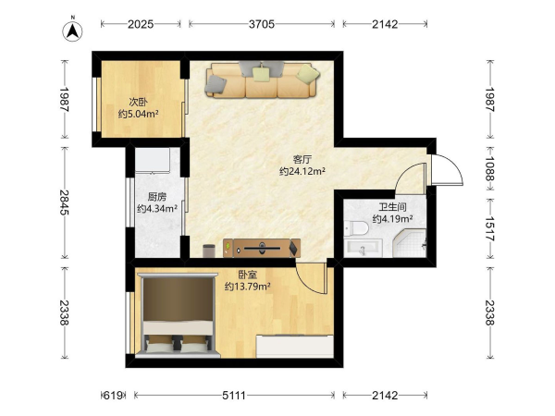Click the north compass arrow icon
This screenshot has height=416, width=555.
[x=72, y=31]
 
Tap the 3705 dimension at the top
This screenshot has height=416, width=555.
[x=262, y=24]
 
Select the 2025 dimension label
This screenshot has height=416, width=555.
[x=141, y=24]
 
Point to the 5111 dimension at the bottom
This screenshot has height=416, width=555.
[x=234, y=395]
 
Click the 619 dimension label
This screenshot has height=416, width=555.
[x=113, y=395]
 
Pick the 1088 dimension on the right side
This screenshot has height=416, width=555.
[x=489, y=169]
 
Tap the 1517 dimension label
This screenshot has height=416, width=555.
[x=489, y=229]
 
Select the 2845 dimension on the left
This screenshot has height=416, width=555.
[x=65, y=202]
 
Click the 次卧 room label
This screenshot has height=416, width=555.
[x=138, y=103]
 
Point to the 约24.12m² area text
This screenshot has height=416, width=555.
[x=302, y=172]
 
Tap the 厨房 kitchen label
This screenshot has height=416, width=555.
[x=157, y=197]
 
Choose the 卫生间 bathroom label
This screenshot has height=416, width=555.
[x=392, y=207]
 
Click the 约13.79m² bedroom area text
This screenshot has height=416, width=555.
[x=247, y=287]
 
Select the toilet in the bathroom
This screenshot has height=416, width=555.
[x=356, y=228]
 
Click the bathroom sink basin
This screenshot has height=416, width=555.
[x=363, y=248]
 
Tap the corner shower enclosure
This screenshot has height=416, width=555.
[x=410, y=243]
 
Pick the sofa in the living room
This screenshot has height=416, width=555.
[x=263, y=80]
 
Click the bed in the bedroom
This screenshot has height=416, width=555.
[x=178, y=315]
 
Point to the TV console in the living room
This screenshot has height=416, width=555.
[x=262, y=248]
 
